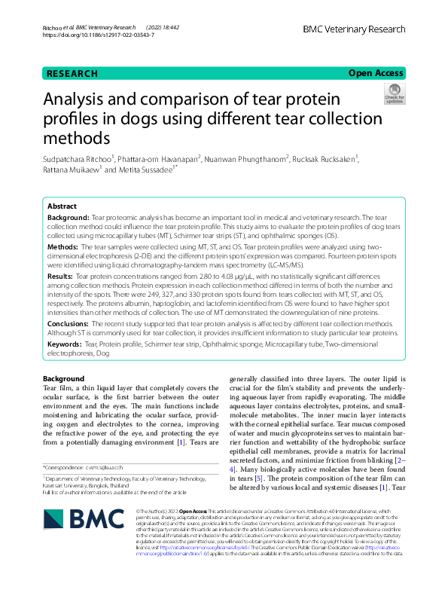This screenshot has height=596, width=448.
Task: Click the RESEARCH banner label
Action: point(72,74)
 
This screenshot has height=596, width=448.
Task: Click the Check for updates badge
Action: point(393,96)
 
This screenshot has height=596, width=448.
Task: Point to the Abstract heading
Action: point(62,206)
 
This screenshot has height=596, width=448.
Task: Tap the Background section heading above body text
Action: point(63,377)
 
